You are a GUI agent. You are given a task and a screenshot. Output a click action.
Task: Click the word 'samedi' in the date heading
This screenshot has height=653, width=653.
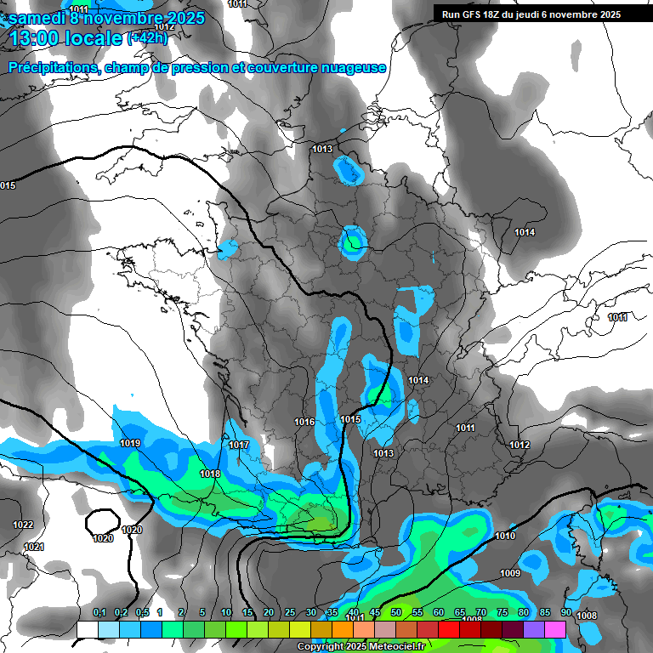(x=36, y=18)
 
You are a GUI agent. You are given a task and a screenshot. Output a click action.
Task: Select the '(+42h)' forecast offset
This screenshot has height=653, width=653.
(x=149, y=37)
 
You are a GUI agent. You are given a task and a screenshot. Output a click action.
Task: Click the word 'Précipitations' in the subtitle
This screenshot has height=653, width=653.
(x=53, y=67)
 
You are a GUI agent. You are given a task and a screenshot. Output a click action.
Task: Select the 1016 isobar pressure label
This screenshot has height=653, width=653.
(x=304, y=422)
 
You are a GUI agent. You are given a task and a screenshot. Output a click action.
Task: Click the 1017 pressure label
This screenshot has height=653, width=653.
(x=239, y=445)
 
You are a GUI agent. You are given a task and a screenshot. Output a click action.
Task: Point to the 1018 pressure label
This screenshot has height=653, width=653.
(x=210, y=474)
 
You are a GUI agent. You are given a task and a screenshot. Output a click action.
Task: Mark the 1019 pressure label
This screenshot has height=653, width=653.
(x=130, y=443)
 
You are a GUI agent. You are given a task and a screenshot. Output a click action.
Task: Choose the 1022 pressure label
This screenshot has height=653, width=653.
(x=23, y=525)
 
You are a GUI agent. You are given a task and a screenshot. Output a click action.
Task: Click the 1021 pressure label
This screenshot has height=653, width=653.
(x=34, y=547)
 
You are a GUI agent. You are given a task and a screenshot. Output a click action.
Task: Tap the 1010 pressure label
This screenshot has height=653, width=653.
(x=505, y=536)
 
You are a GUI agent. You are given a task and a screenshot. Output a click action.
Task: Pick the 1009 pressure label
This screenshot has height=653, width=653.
(x=510, y=573)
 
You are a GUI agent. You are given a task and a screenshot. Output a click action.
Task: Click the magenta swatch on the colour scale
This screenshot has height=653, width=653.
(x=555, y=629)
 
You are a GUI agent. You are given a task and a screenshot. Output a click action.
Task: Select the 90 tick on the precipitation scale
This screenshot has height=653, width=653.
(x=565, y=613)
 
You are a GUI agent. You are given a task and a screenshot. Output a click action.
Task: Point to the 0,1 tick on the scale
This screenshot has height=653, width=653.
(x=99, y=613)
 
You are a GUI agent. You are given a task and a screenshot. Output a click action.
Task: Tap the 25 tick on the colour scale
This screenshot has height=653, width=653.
(x=290, y=613)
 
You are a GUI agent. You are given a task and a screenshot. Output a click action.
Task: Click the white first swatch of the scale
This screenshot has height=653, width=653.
(x=88, y=629)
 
